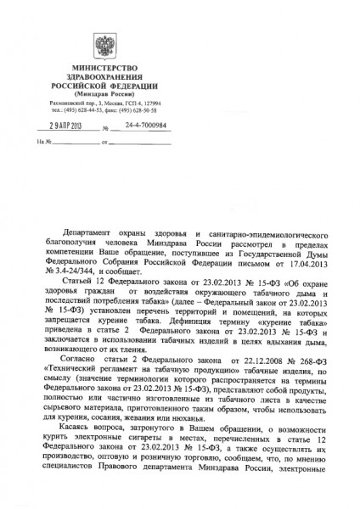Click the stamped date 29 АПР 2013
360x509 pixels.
tap(58, 126)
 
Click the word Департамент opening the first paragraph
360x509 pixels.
tap(91, 232)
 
